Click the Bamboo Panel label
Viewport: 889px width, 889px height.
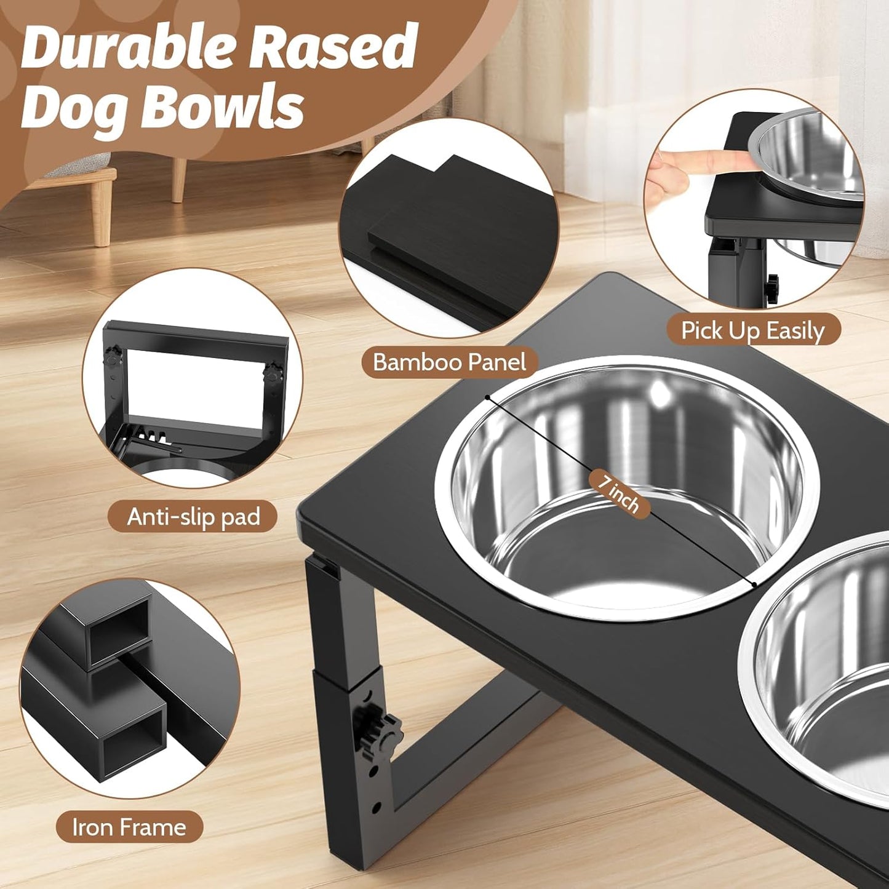pyautogui.click(x=449, y=362)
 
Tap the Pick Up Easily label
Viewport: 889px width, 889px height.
pyautogui.click(x=752, y=331)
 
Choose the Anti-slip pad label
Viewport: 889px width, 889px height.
pyautogui.click(x=193, y=517)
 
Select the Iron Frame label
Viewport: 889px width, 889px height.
pyautogui.click(x=129, y=827)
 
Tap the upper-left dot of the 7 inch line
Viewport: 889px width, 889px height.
pyautogui.click(x=487, y=397)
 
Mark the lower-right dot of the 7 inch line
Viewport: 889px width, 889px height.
pyautogui.click(x=754, y=584)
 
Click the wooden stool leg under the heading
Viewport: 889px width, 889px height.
pyautogui.click(x=178, y=178)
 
